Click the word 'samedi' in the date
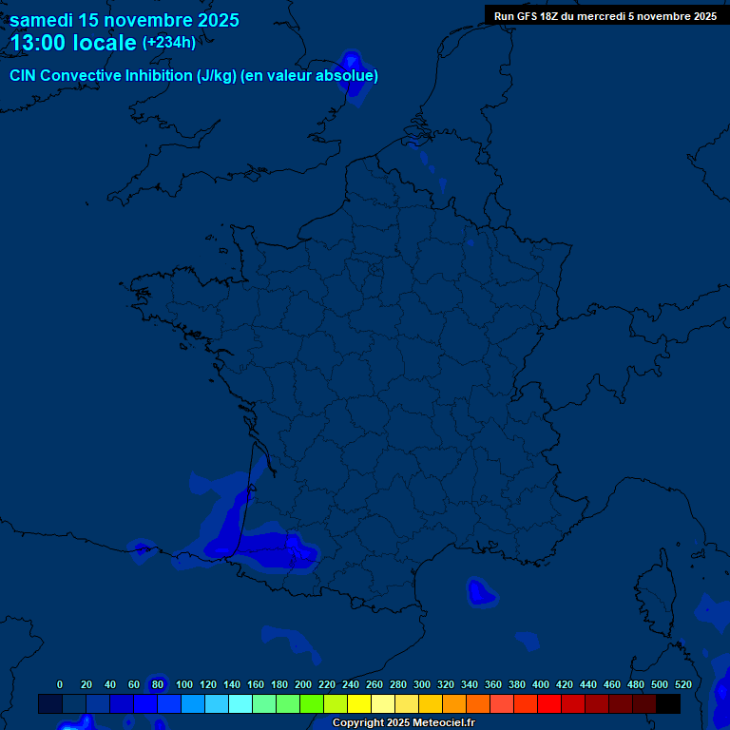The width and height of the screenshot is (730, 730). [x=42, y=20]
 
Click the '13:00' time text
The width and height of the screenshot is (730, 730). [x=38, y=43]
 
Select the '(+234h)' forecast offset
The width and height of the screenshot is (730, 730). [x=169, y=42]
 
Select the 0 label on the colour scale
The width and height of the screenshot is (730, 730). [x=60, y=684]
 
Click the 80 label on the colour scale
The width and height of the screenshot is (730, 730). [x=158, y=684]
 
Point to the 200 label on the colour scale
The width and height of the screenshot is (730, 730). [x=303, y=684]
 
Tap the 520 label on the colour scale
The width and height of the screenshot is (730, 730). [x=682, y=684]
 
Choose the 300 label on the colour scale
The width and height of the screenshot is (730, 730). [x=421, y=684]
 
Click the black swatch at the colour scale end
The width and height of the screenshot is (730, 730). [x=668, y=703]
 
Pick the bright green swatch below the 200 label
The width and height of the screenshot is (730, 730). [x=312, y=703]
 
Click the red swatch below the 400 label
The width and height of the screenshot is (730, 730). [x=549, y=703]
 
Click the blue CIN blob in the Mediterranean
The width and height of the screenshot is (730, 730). [x=481, y=593]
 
